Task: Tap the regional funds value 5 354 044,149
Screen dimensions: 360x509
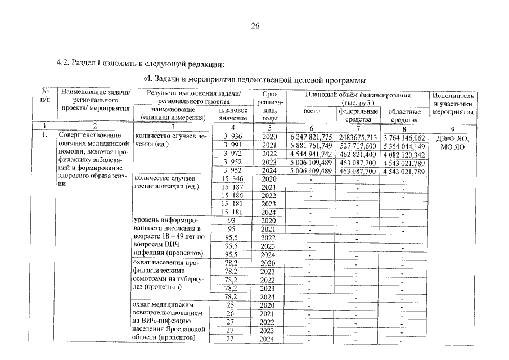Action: (404, 146)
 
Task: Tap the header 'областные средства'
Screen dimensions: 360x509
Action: (404, 116)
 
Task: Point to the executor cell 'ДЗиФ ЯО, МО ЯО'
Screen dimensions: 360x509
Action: (454, 142)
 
